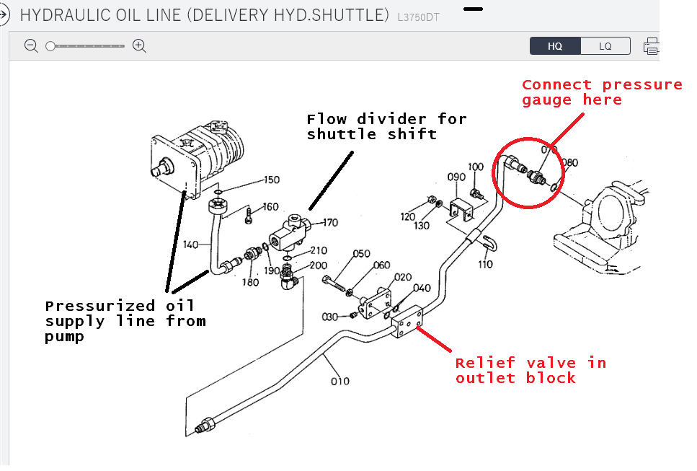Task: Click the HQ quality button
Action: pos(555,46)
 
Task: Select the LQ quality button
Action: pos(605,46)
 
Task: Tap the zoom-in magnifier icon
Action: pos(140,46)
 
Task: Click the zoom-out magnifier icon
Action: pos(31,46)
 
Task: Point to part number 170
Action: pos(329,223)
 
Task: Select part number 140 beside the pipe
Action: pos(190,245)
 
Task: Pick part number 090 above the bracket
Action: pos(456,177)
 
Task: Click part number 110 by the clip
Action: pos(484,264)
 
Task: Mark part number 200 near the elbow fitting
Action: pos(318,265)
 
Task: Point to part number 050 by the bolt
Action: pos(361,254)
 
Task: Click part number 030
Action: pos(330,317)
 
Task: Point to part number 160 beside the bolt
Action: pos(270,208)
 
